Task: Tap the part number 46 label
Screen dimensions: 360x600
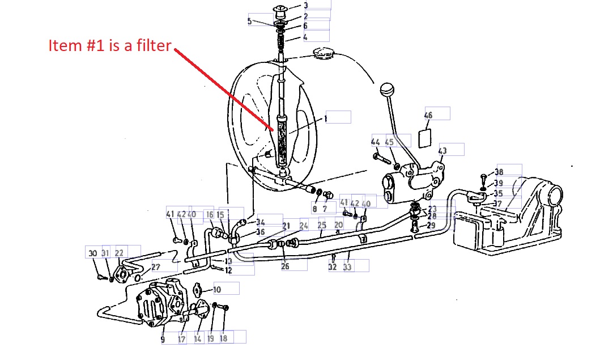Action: [428, 115]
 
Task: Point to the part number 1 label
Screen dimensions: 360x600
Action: [326, 119]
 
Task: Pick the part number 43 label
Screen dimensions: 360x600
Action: [442, 151]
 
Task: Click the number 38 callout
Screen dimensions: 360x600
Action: [499, 172]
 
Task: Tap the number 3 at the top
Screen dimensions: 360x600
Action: [305, 6]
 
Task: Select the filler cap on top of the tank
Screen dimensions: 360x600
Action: [324, 53]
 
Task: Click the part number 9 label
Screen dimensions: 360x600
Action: [163, 340]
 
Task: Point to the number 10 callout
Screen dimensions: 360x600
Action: [217, 290]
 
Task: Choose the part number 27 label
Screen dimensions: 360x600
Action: [156, 266]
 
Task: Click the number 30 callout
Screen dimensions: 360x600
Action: [93, 253]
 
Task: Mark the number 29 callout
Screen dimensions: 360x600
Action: [432, 226]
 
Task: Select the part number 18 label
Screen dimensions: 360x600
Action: [223, 339]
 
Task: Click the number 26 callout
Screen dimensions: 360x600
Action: [286, 266]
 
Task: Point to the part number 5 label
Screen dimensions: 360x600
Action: [250, 22]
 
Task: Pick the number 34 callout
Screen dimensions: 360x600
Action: [261, 222]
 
